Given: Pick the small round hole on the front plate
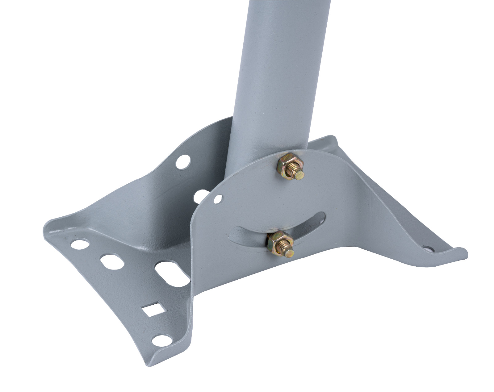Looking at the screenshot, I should coord(218,199).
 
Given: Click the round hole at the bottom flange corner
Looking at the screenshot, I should coord(161,341).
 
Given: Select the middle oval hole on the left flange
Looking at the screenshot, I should coord(112,261).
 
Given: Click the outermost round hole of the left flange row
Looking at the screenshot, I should coord(80,244).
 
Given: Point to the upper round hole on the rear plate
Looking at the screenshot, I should coord(183,162).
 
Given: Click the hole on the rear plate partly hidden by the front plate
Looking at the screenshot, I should coord(200,196).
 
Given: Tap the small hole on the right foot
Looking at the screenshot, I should coord(428,249).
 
